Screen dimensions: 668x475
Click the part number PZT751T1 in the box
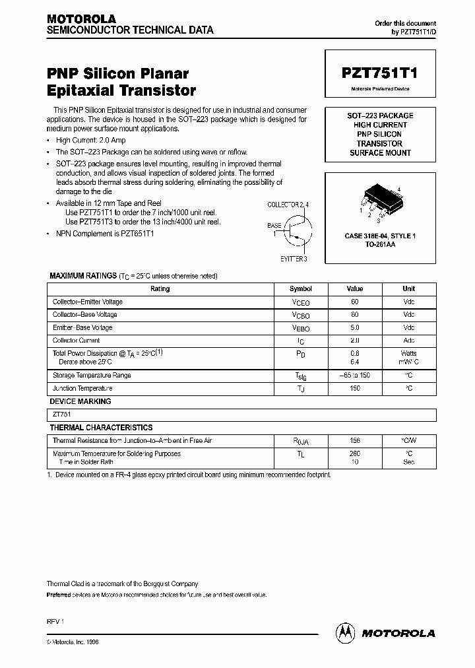379,74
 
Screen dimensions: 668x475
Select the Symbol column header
300,289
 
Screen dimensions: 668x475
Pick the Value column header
355,289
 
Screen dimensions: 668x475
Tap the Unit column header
408,289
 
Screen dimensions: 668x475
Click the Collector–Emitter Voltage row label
88,302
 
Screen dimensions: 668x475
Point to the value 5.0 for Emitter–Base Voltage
355,328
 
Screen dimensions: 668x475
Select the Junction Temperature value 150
355,389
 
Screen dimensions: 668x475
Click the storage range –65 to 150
355,376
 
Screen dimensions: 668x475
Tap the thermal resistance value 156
355,440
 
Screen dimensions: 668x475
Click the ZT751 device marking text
62,415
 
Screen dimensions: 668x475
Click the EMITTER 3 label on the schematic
294,259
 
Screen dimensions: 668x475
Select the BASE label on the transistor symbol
274,226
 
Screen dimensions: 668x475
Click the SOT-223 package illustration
379,200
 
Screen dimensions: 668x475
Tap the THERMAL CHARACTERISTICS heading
101,428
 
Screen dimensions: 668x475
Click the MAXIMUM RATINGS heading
82,276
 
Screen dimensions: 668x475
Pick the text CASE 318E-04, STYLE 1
380,236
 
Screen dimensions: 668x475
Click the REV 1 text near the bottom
55,622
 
